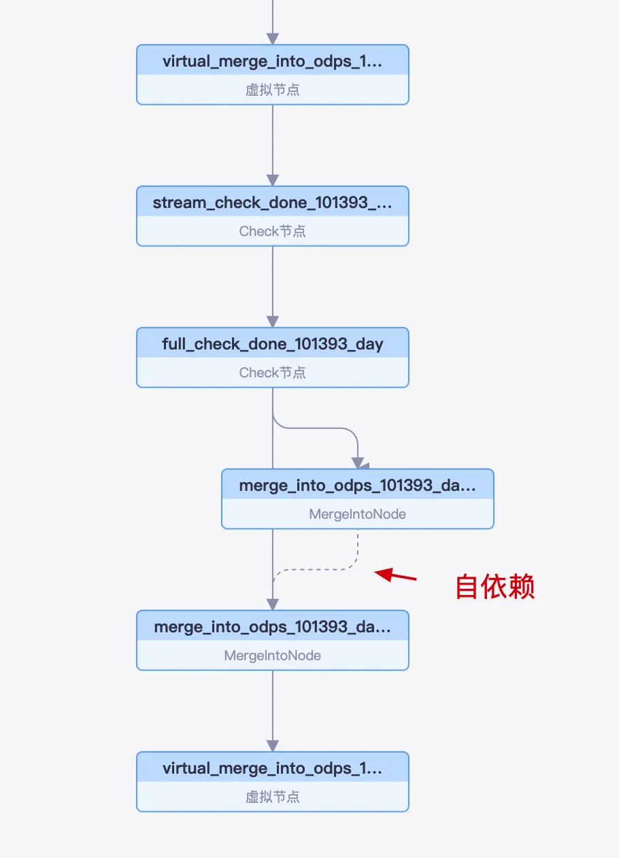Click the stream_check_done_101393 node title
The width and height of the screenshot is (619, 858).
pyautogui.click(x=272, y=203)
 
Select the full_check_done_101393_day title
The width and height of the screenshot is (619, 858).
pyautogui.click(x=272, y=344)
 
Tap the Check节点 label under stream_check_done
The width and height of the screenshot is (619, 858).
pyautogui.click(x=272, y=231)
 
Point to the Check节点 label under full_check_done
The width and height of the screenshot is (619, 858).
pyautogui.click(x=272, y=373)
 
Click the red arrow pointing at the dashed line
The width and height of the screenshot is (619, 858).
pyautogui.click(x=395, y=576)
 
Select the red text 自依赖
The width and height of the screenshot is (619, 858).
pyautogui.click(x=495, y=587)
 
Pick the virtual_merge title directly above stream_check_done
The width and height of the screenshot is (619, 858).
pyautogui.click(x=272, y=61)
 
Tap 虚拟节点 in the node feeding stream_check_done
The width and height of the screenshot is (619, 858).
pyautogui.click(x=272, y=90)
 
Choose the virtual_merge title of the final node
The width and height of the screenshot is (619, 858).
pyautogui.click(x=272, y=768)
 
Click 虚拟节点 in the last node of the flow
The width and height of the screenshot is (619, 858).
pyautogui.click(x=272, y=797)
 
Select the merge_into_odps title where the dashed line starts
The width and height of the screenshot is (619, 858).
pyautogui.click(x=357, y=485)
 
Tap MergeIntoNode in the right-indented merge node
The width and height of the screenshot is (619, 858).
pyautogui.click(x=357, y=514)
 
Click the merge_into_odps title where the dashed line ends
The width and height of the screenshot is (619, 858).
pyautogui.click(x=272, y=627)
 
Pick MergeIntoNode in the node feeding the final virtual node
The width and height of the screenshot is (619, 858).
pyautogui.click(x=272, y=655)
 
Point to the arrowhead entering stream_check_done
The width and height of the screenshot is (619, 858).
pyautogui.click(x=273, y=180)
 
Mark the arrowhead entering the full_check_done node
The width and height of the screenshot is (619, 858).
pyautogui.click(x=273, y=322)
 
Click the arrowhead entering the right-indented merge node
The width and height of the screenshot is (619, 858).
pyautogui.click(x=358, y=464)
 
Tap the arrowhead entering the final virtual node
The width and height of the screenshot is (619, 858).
pyautogui.click(x=273, y=746)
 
